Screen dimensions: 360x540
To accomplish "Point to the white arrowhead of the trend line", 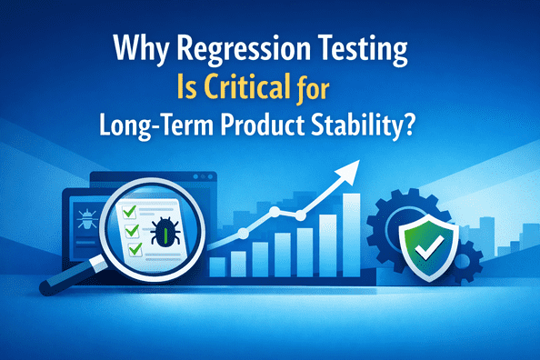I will tap(349, 168).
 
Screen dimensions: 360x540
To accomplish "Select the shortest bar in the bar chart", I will tap(217, 265).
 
